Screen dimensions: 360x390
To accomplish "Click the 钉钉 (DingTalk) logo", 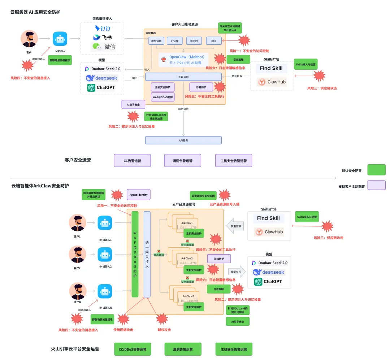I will [103, 28].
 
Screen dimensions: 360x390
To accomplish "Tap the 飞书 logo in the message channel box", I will [102, 37].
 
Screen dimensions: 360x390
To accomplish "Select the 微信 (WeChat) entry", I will [103, 46].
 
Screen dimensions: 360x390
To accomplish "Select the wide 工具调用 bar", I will [183, 77].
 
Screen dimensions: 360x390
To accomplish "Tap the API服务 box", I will [183, 140].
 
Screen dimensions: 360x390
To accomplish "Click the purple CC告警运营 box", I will [132, 161].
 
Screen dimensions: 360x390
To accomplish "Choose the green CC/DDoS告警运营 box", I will [132, 350].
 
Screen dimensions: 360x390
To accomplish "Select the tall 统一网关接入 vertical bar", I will [147, 254].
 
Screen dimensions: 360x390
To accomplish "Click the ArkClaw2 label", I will [187, 258].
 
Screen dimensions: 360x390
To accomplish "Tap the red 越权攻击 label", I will [164, 330].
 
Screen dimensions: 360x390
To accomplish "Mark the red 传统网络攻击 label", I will [123, 330].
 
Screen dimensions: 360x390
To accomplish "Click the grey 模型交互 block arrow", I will [236, 272].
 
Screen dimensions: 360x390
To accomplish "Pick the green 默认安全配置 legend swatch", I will [376, 169].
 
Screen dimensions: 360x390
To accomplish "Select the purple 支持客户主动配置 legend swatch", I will [376, 185].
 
